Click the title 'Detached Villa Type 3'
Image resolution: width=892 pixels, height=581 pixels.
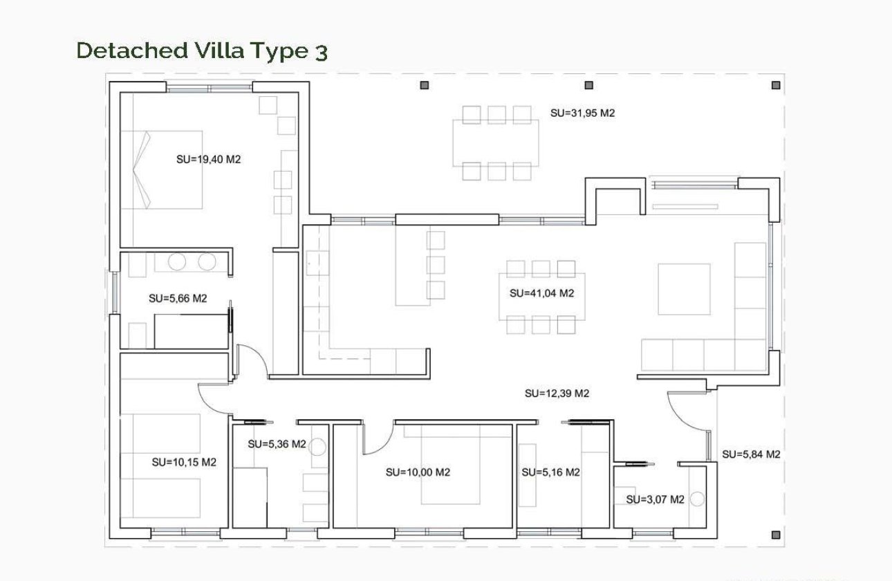[x=201, y=50]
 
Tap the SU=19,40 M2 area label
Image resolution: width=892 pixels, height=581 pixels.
[x=208, y=159]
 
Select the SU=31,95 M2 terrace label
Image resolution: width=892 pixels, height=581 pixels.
[x=582, y=113]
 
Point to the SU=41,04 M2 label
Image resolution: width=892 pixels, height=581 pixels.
[x=541, y=293]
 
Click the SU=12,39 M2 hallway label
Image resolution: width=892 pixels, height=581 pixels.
[x=557, y=394]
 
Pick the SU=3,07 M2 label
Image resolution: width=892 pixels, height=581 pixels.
[x=655, y=499]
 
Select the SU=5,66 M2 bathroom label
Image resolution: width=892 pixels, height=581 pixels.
[x=178, y=299]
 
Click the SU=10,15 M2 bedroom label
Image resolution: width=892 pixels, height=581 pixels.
[x=184, y=462]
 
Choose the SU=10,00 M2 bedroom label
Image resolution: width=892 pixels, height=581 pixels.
[x=418, y=472]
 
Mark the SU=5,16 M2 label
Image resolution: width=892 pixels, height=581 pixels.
[x=550, y=472]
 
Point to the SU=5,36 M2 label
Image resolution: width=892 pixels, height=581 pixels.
[x=277, y=444]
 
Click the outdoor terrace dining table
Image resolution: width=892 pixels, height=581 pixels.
[x=496, y=143]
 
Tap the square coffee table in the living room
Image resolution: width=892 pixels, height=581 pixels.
[x=684, y=289]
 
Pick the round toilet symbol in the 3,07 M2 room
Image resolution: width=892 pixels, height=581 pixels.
[x=697, y=499]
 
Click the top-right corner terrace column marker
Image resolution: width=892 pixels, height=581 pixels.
[x=776, y=85]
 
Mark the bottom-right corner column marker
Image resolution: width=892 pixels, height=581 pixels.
[x=776, y=535]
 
